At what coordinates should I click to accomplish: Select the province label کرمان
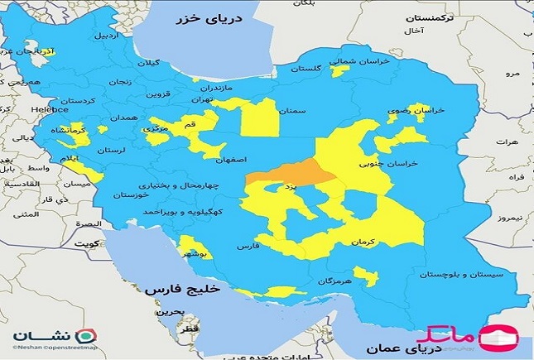(363, 241)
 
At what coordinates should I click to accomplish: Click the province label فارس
(248, 247)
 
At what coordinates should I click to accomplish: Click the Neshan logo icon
(85, 336)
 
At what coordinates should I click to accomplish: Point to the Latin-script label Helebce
(48, 108)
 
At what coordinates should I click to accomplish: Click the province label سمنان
(294, 108)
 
